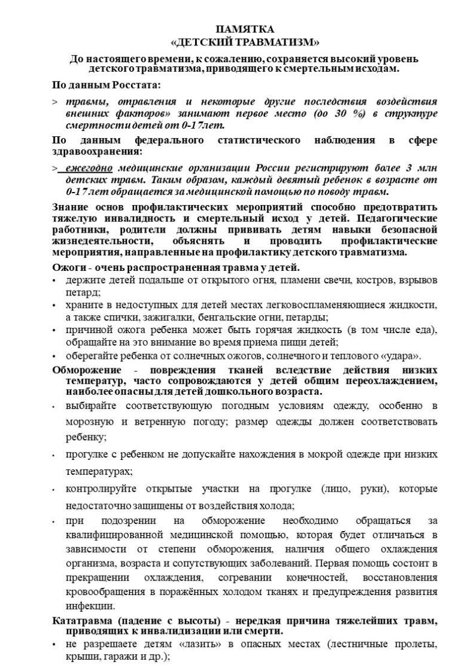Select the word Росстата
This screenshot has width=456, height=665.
[x=138, y=85]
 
